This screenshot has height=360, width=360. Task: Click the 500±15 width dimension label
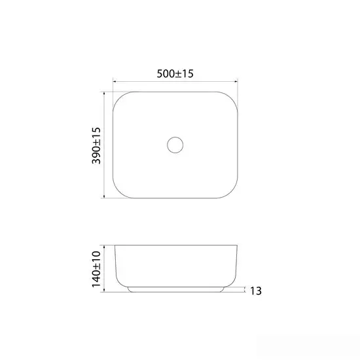[x=175, y=74]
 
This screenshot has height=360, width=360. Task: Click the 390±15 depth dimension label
[x=96, y=145]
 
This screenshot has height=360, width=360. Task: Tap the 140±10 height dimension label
[x=96, y=269]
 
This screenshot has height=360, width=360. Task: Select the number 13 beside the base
[x=255, y=291]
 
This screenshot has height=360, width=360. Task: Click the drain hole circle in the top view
[x=175, y=137]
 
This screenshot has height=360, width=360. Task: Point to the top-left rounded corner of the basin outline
[x=118, y=98]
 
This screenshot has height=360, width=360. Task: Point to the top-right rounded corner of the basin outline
[x=232, y=98]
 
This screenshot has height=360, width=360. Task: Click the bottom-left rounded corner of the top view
[x=118, y=192]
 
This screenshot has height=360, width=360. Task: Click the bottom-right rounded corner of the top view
[x=232, y=192]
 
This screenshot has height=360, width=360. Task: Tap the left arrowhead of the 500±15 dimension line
[x=115, y=81]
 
